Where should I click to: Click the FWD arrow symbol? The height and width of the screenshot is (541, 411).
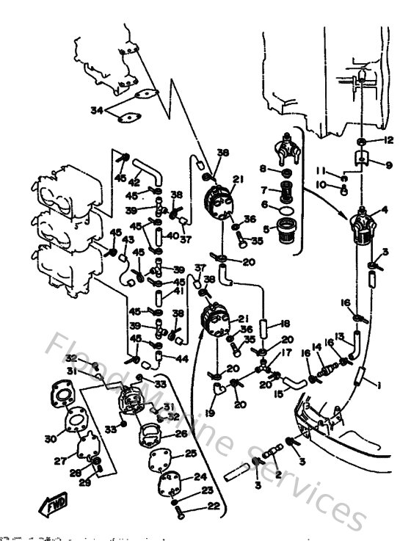54,506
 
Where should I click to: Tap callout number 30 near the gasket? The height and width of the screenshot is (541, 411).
50,439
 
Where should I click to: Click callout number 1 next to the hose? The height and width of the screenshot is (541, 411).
379,384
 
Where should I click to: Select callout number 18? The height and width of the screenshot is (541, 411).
285,322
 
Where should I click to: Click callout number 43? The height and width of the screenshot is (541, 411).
128,240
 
